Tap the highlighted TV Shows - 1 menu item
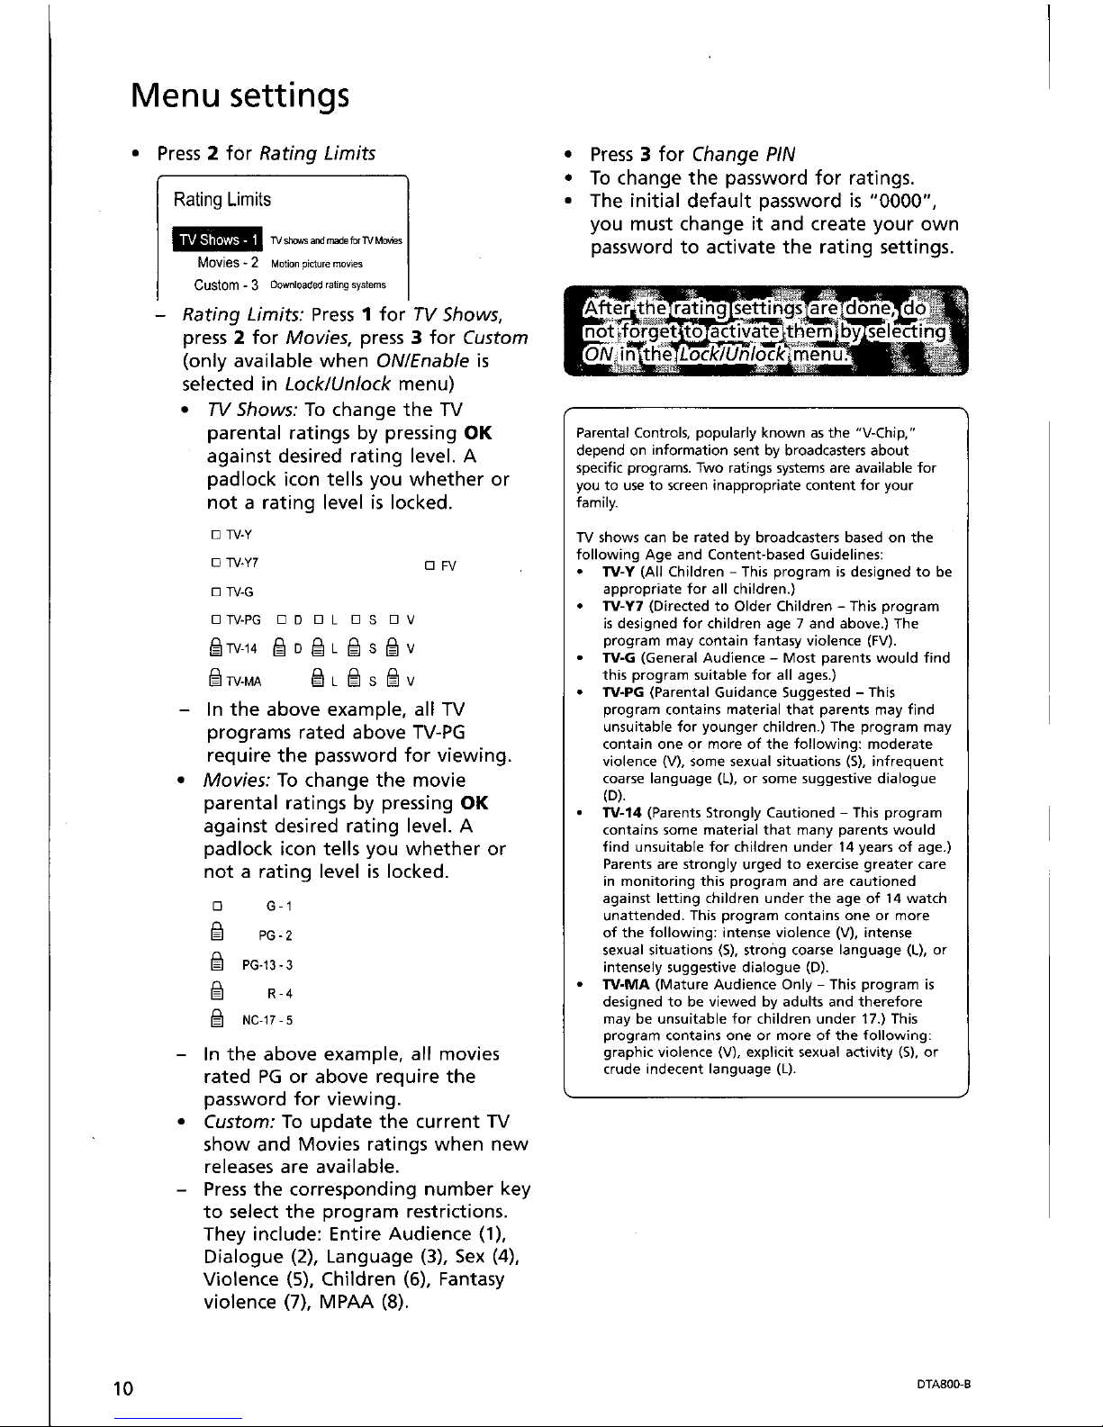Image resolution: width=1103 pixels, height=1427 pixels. pyautogui.click(x=220, y=239)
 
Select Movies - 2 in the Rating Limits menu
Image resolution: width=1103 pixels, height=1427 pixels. pyautogui.click(x=229, y=263)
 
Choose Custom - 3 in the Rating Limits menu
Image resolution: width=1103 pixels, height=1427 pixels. pyautogui.click(x=227, y=284)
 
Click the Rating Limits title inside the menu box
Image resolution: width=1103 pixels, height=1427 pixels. pyautogui.click(x=222, y=199)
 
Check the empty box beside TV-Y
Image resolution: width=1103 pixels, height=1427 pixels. pyautogui.click(x=216, y=537)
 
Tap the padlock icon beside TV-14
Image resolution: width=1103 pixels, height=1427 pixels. pyautogui.click(x=215, y=650)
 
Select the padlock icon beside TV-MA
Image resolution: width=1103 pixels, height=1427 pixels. pyautogui.click(x=215, y=681)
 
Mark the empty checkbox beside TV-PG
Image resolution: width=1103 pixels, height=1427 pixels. pyautogui.click(x=216, y=620)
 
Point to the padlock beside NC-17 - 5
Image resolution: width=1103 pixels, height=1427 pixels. pyautogui.click(x=216, y=1020)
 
